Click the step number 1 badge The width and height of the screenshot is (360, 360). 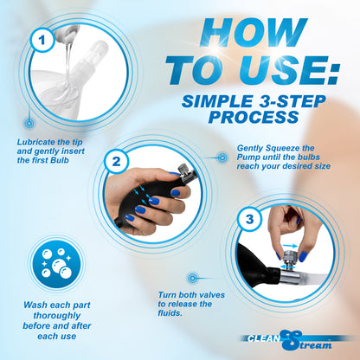[42, 40]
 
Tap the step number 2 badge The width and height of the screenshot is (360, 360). [116, 161]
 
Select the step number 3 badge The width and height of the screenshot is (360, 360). [249, 219]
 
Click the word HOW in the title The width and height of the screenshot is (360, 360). [254, 32]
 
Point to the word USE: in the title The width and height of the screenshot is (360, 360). [292, 70]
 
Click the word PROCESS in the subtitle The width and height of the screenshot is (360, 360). [254, 117]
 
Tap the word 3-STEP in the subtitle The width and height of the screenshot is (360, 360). [289, 101]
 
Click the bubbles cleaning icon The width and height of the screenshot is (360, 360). [56, 264]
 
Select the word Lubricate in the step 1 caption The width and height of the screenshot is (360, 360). [36, 142]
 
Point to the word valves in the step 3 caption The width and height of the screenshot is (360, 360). [212, 295]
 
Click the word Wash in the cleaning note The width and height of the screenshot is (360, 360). [35, 305]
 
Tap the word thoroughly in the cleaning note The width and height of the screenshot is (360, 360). [57, 316]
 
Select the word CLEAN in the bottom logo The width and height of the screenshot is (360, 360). [263, 338]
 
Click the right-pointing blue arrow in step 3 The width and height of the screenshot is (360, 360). [290, 246]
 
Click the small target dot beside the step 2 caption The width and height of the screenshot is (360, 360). [222, 157]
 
